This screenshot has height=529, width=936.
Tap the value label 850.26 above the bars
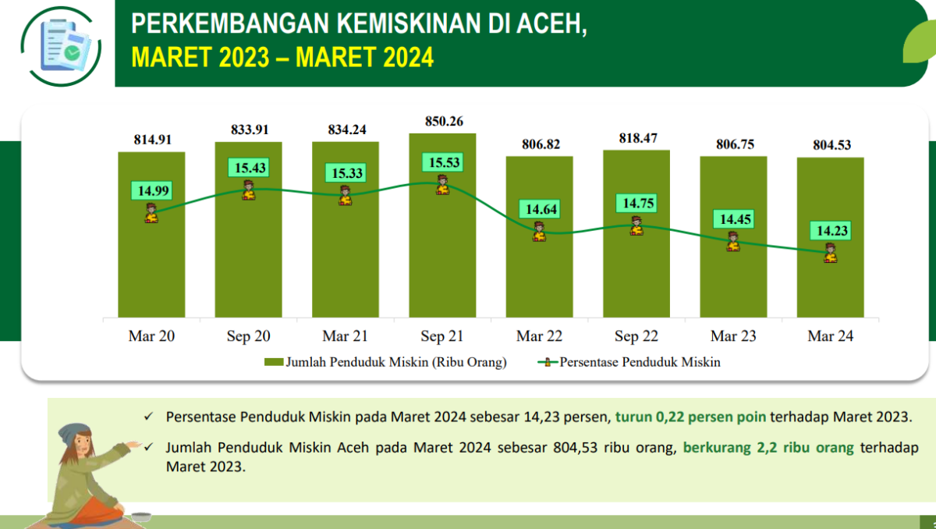click(442, 121)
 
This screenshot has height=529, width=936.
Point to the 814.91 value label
click(151, 140)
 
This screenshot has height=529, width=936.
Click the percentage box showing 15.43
click(248, 168)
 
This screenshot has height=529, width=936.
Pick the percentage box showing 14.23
click(830, 231)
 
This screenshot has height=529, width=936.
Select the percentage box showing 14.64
click(539, 210)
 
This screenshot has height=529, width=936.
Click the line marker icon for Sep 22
click(636, 225)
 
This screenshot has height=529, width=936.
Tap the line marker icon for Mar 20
click(151, 212)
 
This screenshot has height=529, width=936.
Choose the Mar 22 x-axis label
click(539, 336)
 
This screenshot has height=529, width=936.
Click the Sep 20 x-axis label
click(248, 336)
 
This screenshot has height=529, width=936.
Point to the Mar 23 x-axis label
click(733, 336)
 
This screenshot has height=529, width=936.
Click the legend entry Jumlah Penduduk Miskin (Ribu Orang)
click(386, 362)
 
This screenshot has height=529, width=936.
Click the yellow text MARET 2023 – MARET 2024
click(282, 57)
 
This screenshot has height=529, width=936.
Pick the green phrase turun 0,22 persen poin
click(691, 417)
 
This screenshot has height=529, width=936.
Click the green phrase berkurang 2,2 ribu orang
click(768, 449)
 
